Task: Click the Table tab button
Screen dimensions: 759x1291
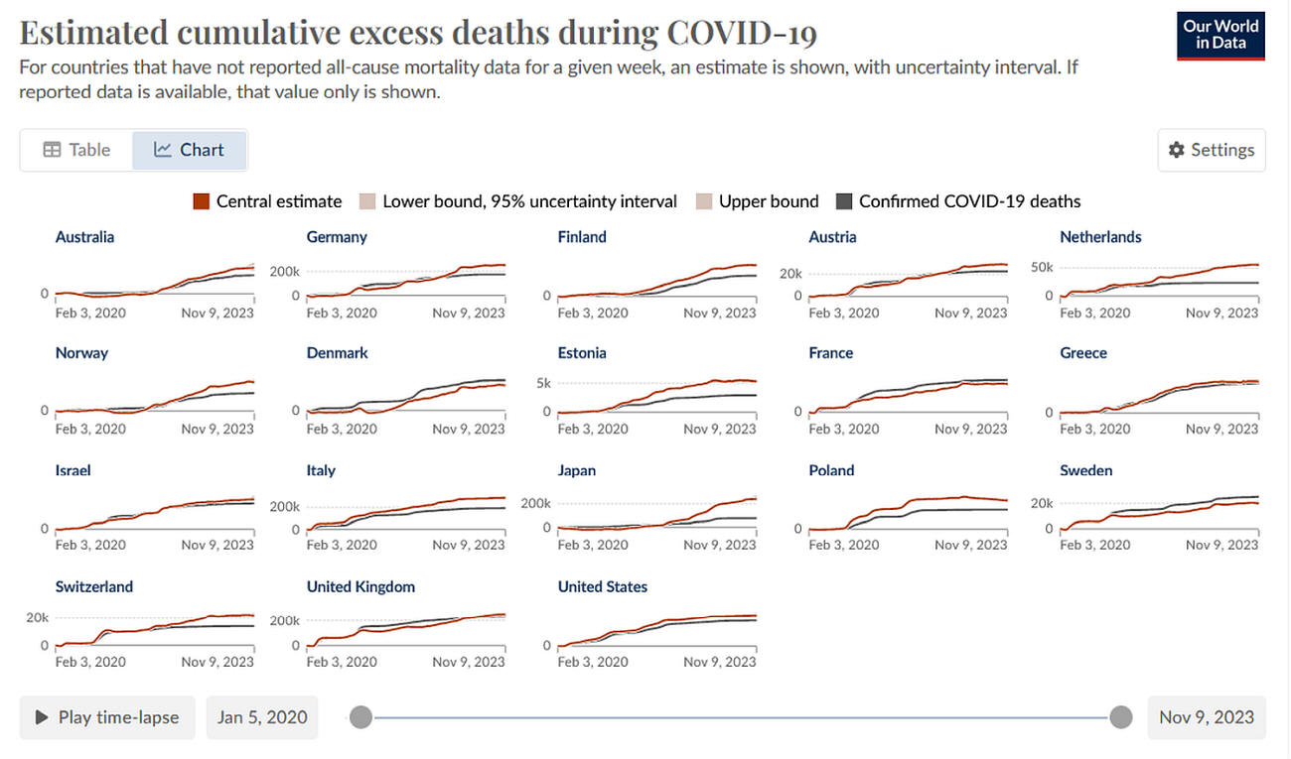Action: [x=76, y=150]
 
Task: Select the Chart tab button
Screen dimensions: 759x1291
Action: [x=189, y=150]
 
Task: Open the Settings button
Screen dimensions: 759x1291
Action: [x=1212, y=150]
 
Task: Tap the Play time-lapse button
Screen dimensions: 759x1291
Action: [x=107, y=717]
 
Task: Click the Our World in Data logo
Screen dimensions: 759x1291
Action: [x=1220, y=36]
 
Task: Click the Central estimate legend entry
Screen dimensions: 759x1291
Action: [x=267, y=201]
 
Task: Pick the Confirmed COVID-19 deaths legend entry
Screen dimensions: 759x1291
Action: [x=958, y=201]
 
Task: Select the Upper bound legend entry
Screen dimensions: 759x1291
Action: [x=758, y=201]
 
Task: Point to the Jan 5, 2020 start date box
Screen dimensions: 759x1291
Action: [x=262, y=717]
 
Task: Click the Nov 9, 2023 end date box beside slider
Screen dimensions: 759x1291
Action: [x=1207, y=717]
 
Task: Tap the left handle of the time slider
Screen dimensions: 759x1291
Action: [x=361, y=716]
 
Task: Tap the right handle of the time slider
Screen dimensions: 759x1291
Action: [x=1121, y=716]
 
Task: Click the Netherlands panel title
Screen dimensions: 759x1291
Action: [x=1100, y=237]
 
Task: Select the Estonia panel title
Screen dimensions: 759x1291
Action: [x=582, y=353]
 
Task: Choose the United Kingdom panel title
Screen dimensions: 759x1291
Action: [x=360, y=586]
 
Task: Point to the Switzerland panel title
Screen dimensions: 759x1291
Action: [x=94, y=586]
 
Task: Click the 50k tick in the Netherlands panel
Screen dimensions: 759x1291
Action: [x=1042, y=267]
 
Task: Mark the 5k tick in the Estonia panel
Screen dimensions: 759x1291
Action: [x=543, y=383]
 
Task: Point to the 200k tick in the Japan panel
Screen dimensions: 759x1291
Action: [x=535, y=503]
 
